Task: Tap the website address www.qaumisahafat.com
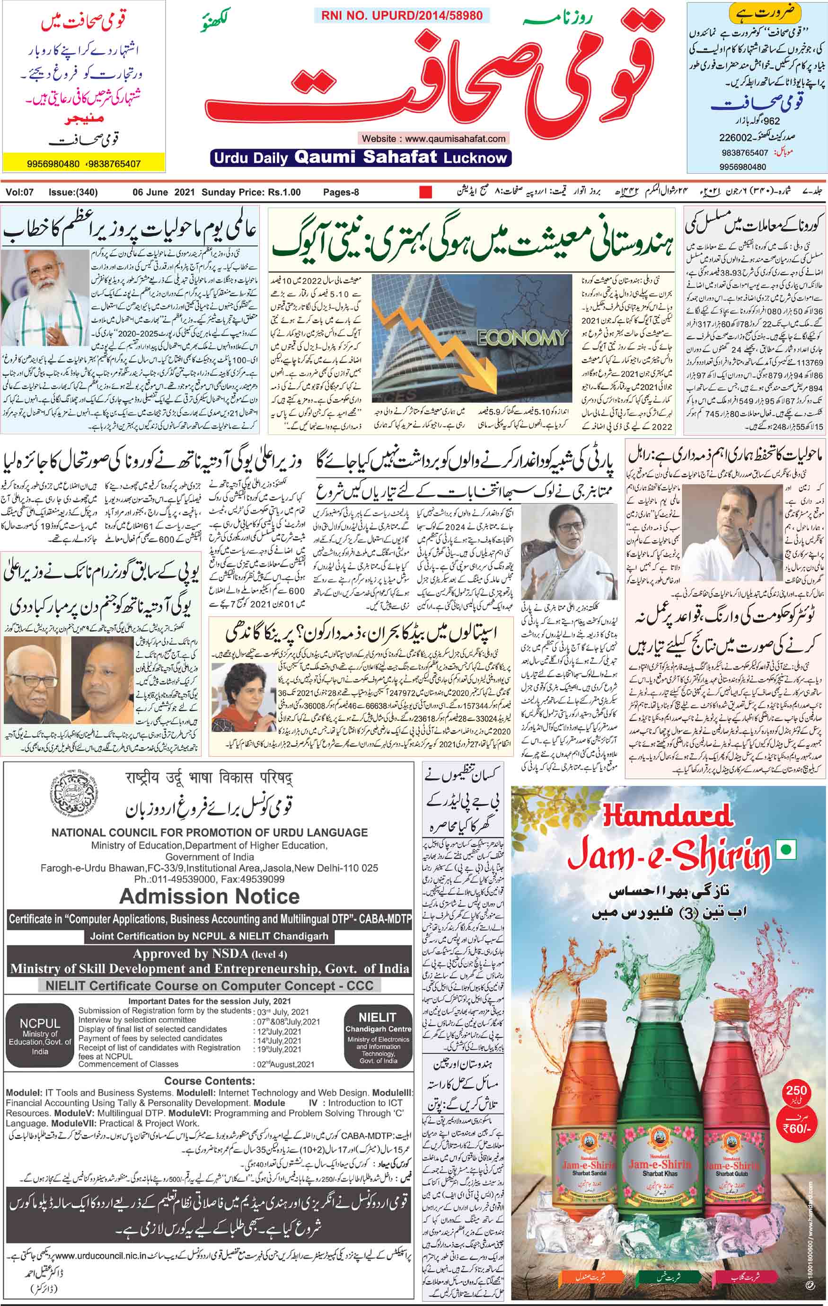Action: coord(433,138)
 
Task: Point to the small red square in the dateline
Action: coord(426,191)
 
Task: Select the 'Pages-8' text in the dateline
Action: coord(341,192)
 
